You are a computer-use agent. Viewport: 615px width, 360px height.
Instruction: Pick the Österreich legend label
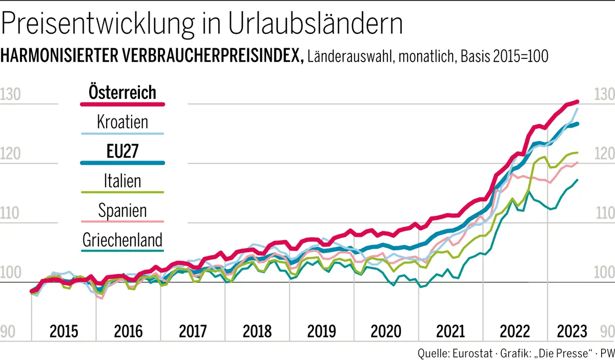[122, 92]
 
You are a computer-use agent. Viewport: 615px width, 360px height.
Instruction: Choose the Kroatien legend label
[122, 122]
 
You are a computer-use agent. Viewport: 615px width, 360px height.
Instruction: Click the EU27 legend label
[122, 151]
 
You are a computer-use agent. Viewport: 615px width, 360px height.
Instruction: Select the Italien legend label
[122, 181]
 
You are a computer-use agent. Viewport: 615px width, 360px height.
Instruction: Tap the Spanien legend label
[122, 210]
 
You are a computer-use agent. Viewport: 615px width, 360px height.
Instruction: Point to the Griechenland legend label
[122, 239]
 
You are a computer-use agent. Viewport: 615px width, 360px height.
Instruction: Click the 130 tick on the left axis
[10, 94]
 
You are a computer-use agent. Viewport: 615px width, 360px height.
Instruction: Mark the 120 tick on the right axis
[603, 154]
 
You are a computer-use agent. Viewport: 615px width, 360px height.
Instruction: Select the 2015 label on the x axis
[64, 331]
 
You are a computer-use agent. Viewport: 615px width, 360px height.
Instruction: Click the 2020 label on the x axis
[386, 331]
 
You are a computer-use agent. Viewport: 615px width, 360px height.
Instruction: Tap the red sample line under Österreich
[122, 105]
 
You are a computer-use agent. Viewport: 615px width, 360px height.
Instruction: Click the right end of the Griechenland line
[578, 180]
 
